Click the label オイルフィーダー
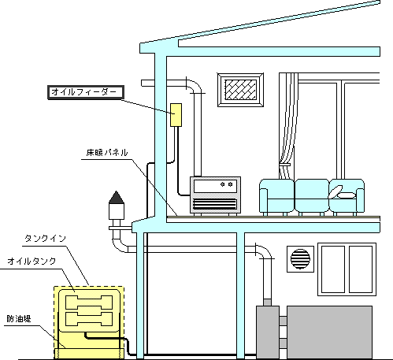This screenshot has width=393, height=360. (x=83, y=91)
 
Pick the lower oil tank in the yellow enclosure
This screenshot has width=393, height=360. (x=88, y=318)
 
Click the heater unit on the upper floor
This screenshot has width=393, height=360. (x=216, y=195)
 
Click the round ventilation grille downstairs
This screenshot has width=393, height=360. (x=299, y=258)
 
